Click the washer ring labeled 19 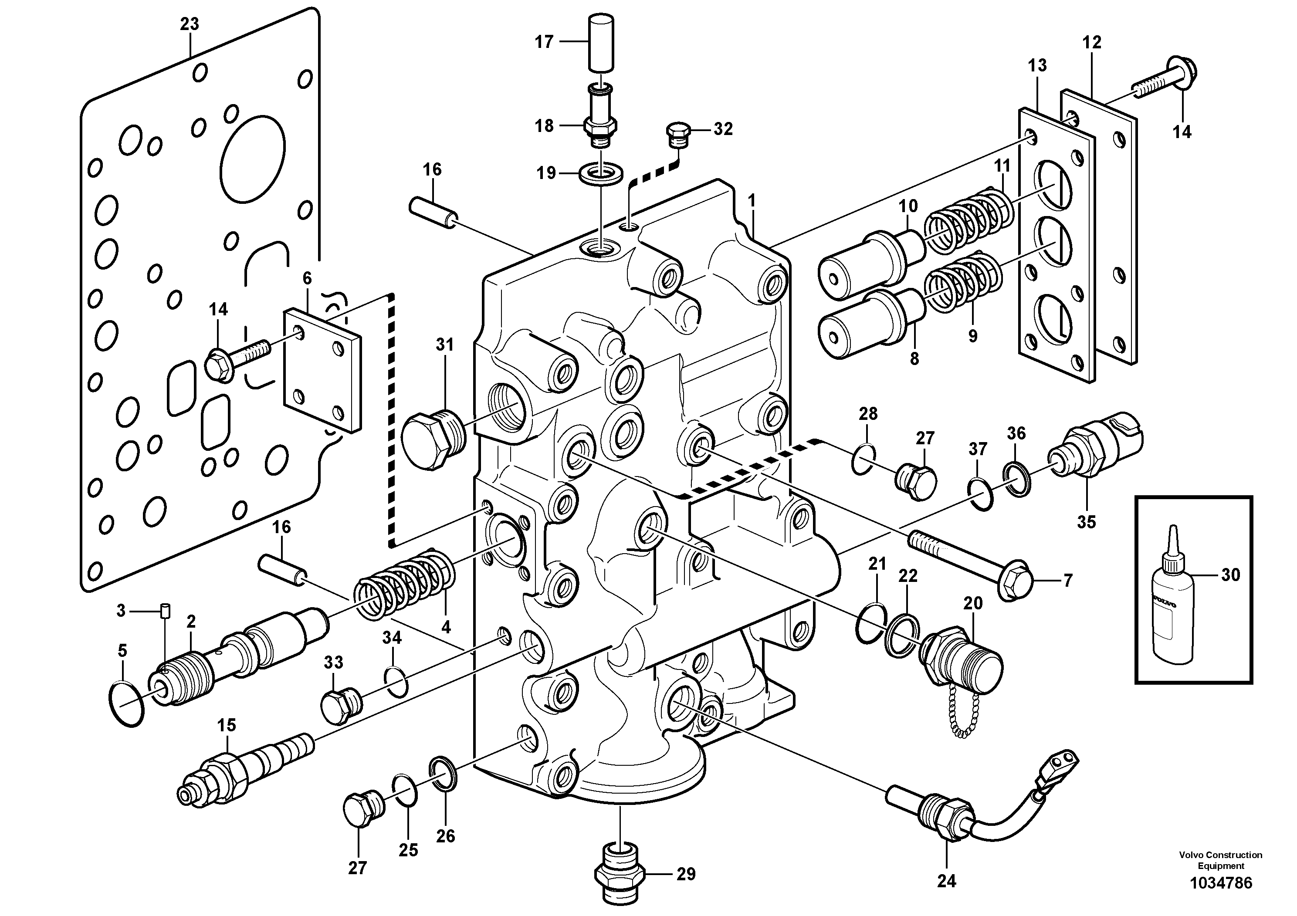coord(601,173)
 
